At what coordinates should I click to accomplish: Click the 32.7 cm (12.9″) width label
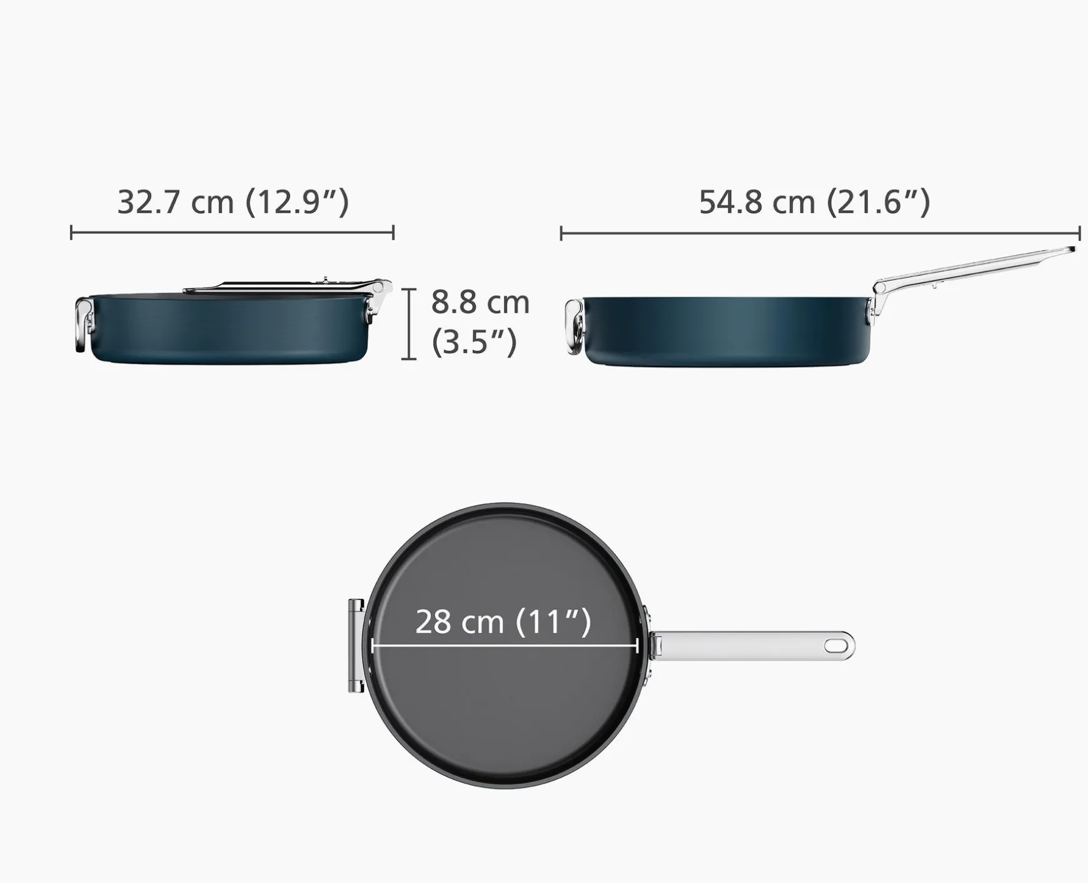[233, 202]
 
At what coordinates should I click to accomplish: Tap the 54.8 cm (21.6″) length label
[814, 202]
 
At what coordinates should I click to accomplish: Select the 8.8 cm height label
[480, 303]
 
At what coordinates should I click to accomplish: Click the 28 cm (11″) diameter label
[503, 622]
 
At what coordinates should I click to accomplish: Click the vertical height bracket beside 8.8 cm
[408, 324]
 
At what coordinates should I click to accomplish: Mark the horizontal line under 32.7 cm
[232, 233]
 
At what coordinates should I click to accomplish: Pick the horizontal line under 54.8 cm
[820, 233]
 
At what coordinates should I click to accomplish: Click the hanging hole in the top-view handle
[834, 645]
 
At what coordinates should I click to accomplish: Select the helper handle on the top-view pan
[356, 645]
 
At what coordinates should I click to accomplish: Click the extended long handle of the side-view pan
[975, 266]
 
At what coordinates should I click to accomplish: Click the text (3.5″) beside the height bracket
[474, 342]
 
